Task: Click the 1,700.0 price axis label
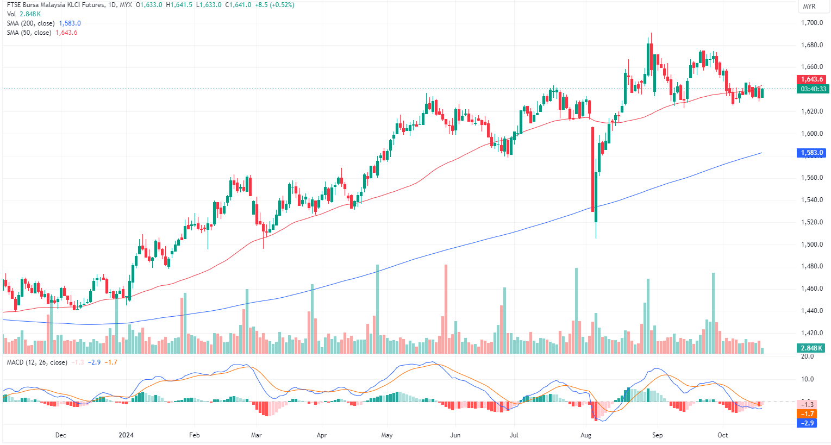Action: (x=811, y=23)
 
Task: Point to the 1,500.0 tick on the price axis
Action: (x=811, y=245)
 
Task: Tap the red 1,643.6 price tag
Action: (x=812, y=79)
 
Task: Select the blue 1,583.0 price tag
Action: (x=812, y=153)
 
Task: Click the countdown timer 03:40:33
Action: (x=813, y=89)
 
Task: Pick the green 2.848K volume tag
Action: (x=811, y=348)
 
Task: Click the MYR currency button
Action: (x=809, y=7)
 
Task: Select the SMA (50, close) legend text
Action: (x=29, y=33)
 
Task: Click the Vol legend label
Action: (x=11, y=14)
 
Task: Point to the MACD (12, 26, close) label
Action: (x=37, y=362)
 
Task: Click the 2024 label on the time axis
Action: (x=126, y=435)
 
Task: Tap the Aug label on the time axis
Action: (x=586, y=435)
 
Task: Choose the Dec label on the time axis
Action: (x=61, y=435)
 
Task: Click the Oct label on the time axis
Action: (x=723, y=435)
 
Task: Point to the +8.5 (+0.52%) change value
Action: (x=274, y=5)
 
